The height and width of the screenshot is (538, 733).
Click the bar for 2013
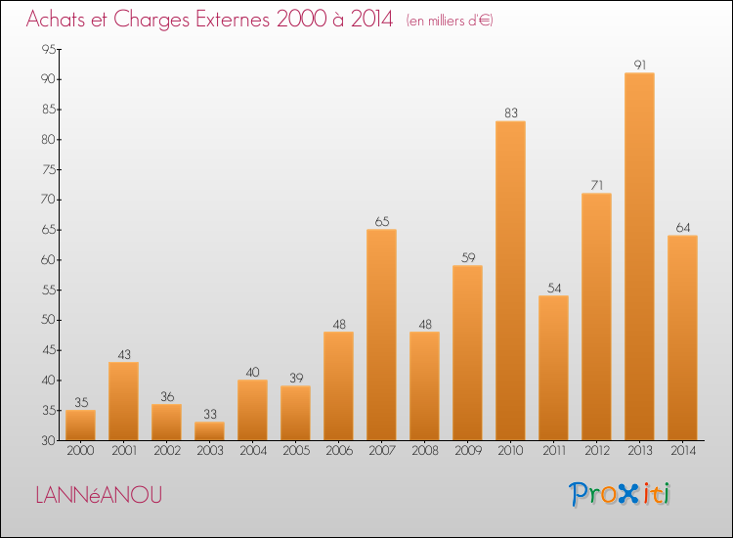[639, 256]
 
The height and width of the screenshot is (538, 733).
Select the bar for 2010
[510, 281]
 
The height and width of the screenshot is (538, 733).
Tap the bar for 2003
[209, 430]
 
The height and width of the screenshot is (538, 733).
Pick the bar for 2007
[381, 335]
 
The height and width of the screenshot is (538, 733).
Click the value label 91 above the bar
[640, 65]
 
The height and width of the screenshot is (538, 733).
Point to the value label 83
[511, 112]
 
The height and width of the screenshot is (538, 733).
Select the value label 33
[210, 414]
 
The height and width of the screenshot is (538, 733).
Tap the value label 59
[468, 257]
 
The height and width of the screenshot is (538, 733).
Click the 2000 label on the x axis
[80, 450]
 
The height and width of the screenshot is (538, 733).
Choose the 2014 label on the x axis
[683, 450]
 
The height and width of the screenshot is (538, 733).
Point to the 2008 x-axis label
[425, 450]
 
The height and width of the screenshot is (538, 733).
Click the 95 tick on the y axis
[49, 49]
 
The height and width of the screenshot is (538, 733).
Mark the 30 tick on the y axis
[49, 440]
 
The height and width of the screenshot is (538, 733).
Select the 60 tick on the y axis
[49, 259]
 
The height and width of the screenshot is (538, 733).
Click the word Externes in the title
[233, 20]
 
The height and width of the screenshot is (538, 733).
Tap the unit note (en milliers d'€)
[450, 21]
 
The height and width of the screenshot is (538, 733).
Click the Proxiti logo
[620, 494]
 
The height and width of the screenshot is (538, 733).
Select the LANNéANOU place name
[99, 495]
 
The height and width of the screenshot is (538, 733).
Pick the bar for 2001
[123, 401]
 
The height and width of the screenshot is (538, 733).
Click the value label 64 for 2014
[683, 227]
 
